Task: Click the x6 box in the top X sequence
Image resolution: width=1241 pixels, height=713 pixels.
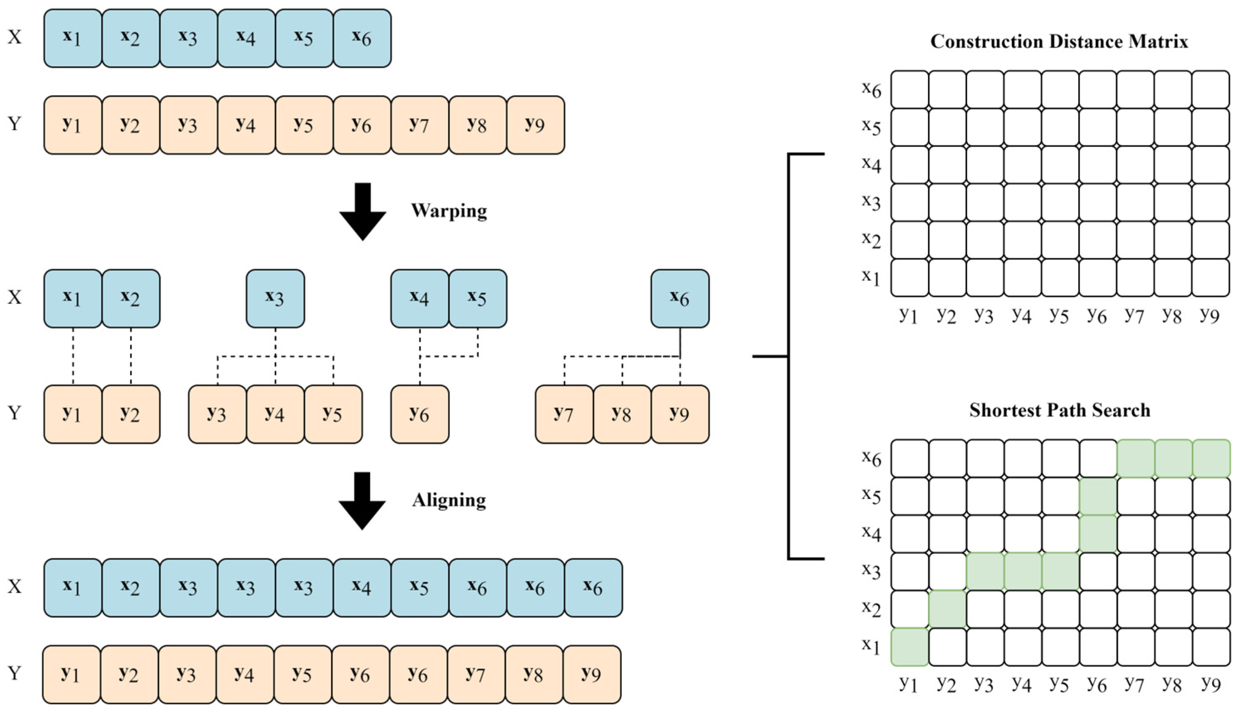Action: (x=362, y=38)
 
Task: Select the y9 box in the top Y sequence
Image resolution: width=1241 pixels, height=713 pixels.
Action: (x=535, y=125)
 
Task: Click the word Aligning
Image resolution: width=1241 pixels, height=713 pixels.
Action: (x=449, y=500)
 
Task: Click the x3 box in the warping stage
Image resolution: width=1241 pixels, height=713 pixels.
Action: (x=275, y=298)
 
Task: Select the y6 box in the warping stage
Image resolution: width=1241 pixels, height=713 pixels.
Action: (x=419, y=414)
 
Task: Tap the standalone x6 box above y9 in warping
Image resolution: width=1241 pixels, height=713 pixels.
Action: (x=680, y=298)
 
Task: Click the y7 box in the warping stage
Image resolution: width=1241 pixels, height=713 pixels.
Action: (x=564, y=414)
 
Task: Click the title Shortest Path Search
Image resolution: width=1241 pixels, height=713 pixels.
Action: (x=1060, y=410)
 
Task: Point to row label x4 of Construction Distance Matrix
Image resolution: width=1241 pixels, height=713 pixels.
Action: (x=871, y=164)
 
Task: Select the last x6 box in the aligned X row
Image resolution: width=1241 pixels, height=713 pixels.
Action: (x=593, y=588)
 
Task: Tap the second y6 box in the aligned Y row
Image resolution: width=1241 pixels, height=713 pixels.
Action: (x=418, y=674)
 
